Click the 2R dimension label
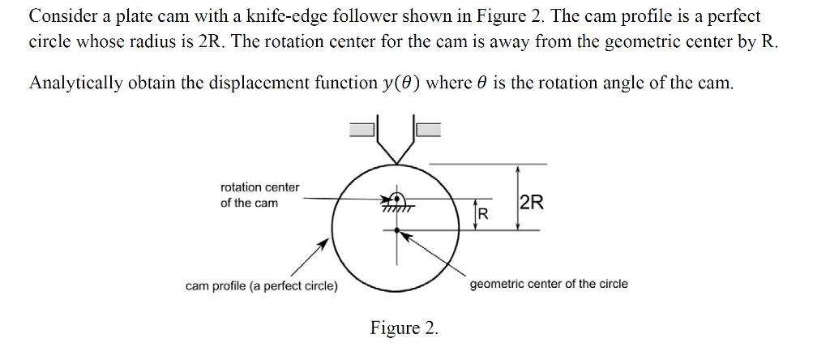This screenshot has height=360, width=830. [532, 203]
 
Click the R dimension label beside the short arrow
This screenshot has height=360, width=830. [483, 214]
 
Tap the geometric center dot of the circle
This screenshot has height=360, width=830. [396, 230]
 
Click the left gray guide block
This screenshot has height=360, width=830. [363, 127]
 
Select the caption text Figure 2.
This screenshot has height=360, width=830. [404, 328]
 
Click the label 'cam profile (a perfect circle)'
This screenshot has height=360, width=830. [262, 285]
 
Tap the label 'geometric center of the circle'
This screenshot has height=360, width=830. [549, 284]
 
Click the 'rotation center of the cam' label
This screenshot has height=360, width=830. [259, 195]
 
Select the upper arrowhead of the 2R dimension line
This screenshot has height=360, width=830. [518, 169]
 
